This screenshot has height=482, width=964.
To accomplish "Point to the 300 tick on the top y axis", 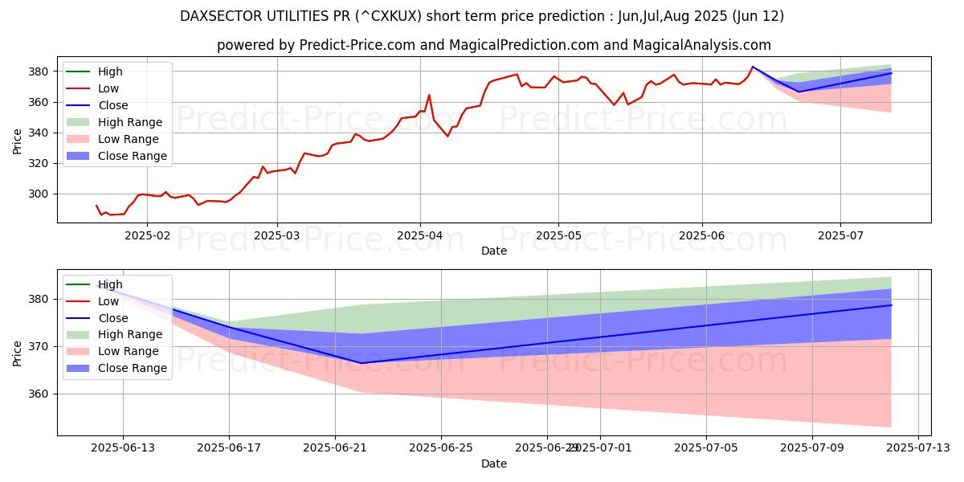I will (42, 194).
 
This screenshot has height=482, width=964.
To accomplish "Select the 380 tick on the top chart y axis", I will (42, 71).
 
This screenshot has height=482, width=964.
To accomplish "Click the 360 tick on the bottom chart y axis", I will (42, 394).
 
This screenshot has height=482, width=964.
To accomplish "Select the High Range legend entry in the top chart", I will (129, 122).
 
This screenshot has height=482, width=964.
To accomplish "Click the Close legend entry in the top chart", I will (112, 105).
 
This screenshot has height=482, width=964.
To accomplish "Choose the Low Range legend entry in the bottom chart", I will (129, 351).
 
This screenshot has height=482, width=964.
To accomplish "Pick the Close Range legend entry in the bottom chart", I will (132, 368).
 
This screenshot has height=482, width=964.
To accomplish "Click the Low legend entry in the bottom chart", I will (109, 301).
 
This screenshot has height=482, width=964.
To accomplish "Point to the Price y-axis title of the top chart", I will (18, 141).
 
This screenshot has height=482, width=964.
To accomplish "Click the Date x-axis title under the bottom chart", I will (493, 464).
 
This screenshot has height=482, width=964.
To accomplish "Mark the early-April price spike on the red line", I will (429, 95).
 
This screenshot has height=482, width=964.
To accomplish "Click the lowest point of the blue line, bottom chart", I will (361, 363).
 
